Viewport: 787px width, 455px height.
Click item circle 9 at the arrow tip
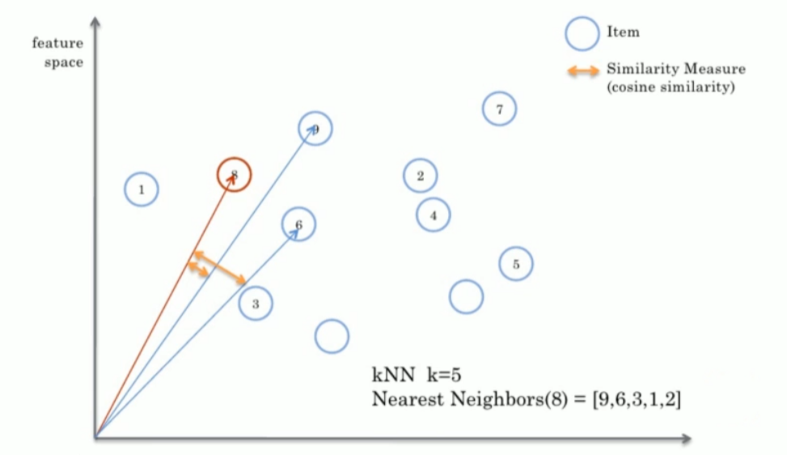coord(315,128)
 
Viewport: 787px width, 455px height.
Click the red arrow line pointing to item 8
coord(165,305)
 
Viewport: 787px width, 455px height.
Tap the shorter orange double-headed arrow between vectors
coord(197,269)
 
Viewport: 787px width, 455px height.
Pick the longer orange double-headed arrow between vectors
coord(219,267)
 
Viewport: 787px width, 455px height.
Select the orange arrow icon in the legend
coord(583,70)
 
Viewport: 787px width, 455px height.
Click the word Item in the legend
coord(623,32)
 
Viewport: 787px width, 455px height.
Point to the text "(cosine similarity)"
coord(671,87)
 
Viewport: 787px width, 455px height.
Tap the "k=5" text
coord(444,375)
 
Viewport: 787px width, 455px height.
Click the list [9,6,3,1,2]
coord(637,399)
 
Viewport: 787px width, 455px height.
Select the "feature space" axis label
coord(57,53)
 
